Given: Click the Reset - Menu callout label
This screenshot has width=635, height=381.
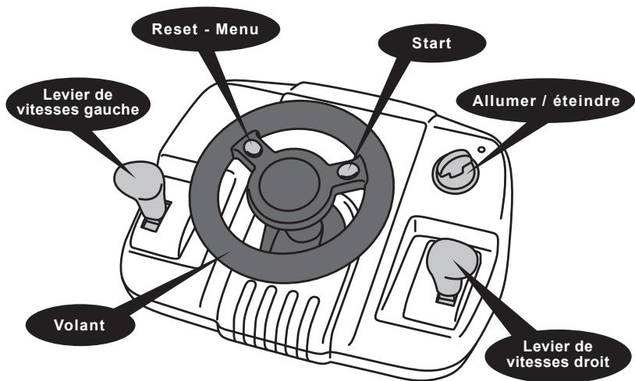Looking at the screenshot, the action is [205, 29].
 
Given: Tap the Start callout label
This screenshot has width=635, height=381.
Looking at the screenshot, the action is [431, 43].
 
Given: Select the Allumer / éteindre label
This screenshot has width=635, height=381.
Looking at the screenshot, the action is [546, 101].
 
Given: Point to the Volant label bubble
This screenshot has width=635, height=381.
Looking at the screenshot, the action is [80, 325].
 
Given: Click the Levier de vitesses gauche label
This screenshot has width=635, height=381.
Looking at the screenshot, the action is [78, 102].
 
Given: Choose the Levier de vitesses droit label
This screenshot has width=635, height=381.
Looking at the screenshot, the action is [558, 354].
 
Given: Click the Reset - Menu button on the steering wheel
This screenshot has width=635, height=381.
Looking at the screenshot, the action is [254, 147].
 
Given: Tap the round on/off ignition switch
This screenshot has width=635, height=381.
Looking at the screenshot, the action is [456, 171].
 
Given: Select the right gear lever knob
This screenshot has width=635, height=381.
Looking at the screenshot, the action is [452, 259].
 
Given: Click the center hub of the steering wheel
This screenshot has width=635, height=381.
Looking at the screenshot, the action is [289, 184].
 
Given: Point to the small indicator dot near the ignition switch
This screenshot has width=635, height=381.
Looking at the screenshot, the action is [481, 150].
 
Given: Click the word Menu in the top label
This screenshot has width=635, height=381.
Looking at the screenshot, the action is [237, 29].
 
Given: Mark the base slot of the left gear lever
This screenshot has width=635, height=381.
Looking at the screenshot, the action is [151, 224].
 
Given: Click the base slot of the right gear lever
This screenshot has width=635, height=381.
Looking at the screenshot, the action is [445, 300].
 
